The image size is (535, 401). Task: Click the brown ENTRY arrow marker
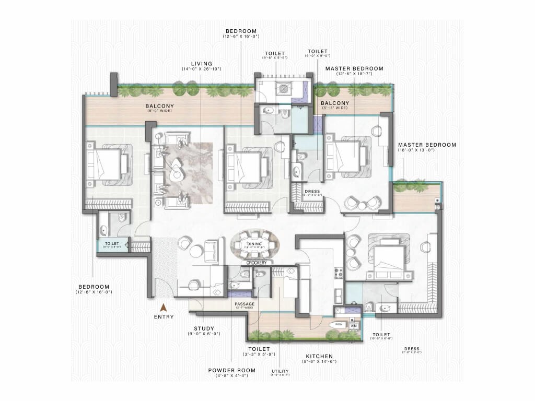(163, 308)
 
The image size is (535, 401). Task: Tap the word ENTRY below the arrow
(164, 316)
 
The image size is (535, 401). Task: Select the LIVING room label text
(201, 64)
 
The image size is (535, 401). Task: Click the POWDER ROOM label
(232, 370)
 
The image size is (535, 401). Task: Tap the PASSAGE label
(245, 303)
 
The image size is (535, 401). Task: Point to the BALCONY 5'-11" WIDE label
(334, 103)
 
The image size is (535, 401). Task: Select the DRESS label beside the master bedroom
(312, 192)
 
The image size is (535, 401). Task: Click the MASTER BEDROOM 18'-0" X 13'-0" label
(427, 145)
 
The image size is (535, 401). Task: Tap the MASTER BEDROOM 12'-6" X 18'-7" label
(354, 68)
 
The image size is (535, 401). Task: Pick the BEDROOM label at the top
(241, 31)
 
